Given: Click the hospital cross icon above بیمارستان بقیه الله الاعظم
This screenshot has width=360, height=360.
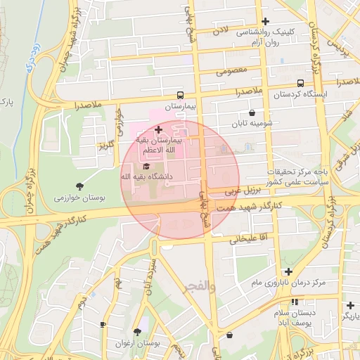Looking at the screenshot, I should [x=158, y=129].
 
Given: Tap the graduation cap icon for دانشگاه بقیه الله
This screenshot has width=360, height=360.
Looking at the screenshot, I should [x=146, y=167].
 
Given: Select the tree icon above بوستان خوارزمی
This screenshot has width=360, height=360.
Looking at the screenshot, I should [x=79, y=186].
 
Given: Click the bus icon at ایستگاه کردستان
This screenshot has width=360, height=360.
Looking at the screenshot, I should [x=301, y=82].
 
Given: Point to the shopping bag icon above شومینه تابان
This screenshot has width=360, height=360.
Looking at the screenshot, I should [x=252, y=112].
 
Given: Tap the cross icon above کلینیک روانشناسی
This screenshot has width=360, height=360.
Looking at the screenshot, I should [x=264, y=22].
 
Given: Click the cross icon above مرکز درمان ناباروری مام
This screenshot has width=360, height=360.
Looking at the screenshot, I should [x=288, y=271].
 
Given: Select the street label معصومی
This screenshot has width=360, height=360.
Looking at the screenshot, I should [x=231, y=71].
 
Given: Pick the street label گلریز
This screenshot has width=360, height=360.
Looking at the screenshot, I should [x=105, y=145].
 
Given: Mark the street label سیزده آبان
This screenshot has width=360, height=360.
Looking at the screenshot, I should [x=150, y=278].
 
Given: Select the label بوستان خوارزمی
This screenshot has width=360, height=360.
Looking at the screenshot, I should [x=79, y=198].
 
